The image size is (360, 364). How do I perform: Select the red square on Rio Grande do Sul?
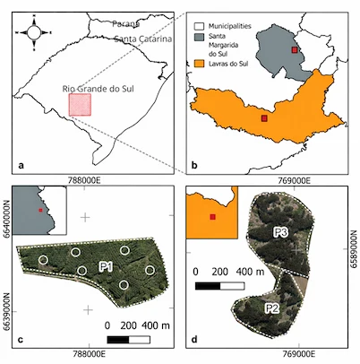tap(80, 105)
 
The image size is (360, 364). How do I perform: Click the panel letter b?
tap(194, 164)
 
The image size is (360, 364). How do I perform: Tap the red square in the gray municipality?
tap(295, 51)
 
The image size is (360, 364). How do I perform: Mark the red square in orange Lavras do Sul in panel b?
tap(264, 117)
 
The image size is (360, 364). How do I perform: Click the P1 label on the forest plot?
tap(105, 267)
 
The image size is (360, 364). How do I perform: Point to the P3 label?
tap(279, 232)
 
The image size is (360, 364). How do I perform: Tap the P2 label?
tap(271, 308)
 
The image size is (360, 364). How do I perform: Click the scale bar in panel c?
tap(128, 340)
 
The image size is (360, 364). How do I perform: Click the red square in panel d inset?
tap(212, 217)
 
